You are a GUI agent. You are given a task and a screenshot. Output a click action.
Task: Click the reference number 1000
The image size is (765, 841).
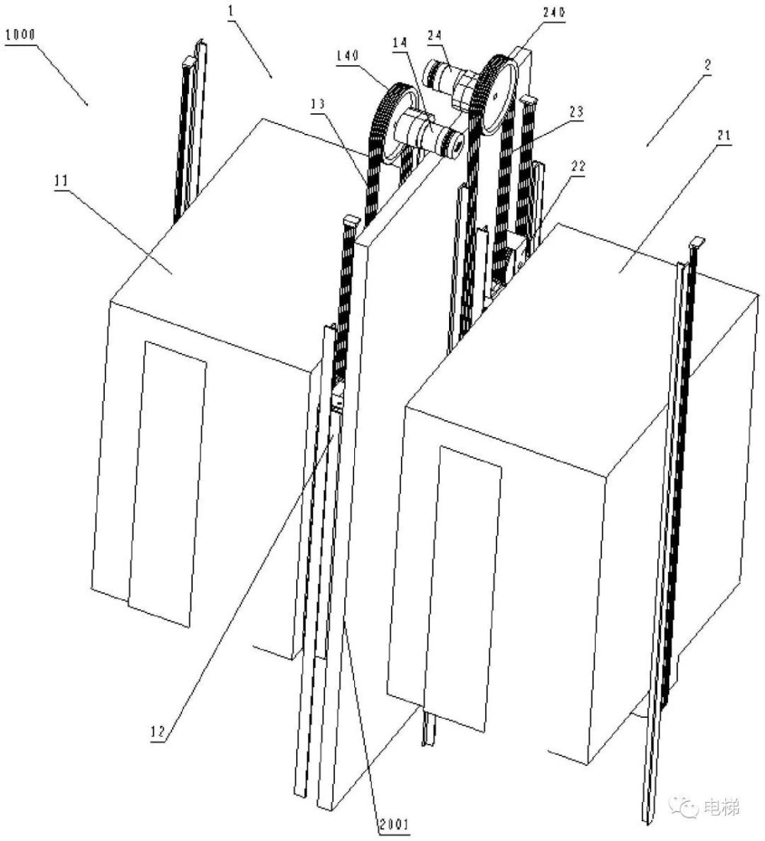tap(21, 35)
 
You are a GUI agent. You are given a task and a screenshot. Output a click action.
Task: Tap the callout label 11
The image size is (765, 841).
tap(62, 181)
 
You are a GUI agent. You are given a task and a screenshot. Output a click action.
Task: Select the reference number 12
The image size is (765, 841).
tap(158, 732)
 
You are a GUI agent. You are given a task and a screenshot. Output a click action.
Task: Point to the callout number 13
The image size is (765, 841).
tap(318, 103)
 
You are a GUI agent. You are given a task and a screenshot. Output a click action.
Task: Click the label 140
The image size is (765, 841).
tap(348, 55)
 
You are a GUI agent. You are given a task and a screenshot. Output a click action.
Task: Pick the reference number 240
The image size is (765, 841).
tap(555, 12)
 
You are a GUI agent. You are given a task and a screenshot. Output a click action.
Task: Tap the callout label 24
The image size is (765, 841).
tap(435, 35)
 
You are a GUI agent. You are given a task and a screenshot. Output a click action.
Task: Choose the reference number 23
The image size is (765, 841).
tap(576, 112)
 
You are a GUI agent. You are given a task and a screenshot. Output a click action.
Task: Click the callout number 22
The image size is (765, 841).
tap(578, 166)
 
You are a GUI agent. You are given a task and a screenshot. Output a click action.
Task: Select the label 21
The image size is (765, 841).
tap(724, 135)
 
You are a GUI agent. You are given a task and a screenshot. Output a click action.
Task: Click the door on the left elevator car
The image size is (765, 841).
tap(168, 484)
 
